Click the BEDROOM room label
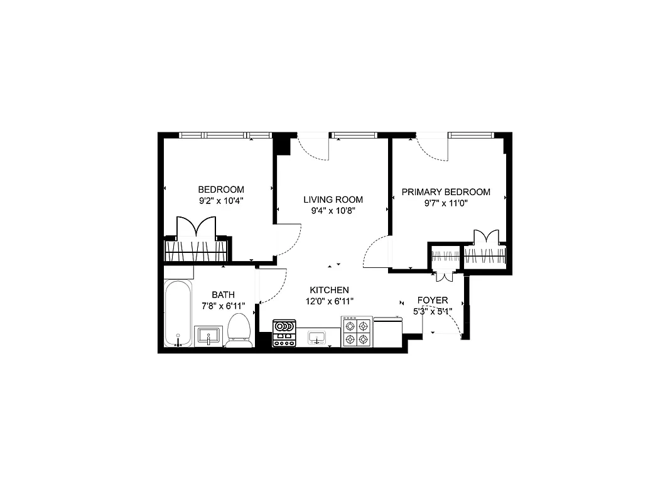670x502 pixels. [x=221, y=190]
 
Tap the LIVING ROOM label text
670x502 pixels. [x=333, y=200]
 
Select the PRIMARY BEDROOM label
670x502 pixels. [x=446, y=192]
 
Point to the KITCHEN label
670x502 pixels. [x=329, y=290]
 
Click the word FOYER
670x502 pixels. [x=433, y=301]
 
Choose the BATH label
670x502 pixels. [x=223, y=294]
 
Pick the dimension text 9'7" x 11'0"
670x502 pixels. [x=446, y=203]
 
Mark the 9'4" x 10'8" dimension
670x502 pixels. [x=333, y=211]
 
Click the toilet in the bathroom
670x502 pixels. [x=239, y=330]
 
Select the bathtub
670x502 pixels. [x=178, y=314]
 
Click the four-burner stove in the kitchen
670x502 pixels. [x=357, y=332]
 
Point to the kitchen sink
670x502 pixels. [x=318, y=338]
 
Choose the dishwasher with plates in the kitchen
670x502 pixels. [x=284, y=333]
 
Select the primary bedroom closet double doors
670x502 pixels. [x=487, y=237]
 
